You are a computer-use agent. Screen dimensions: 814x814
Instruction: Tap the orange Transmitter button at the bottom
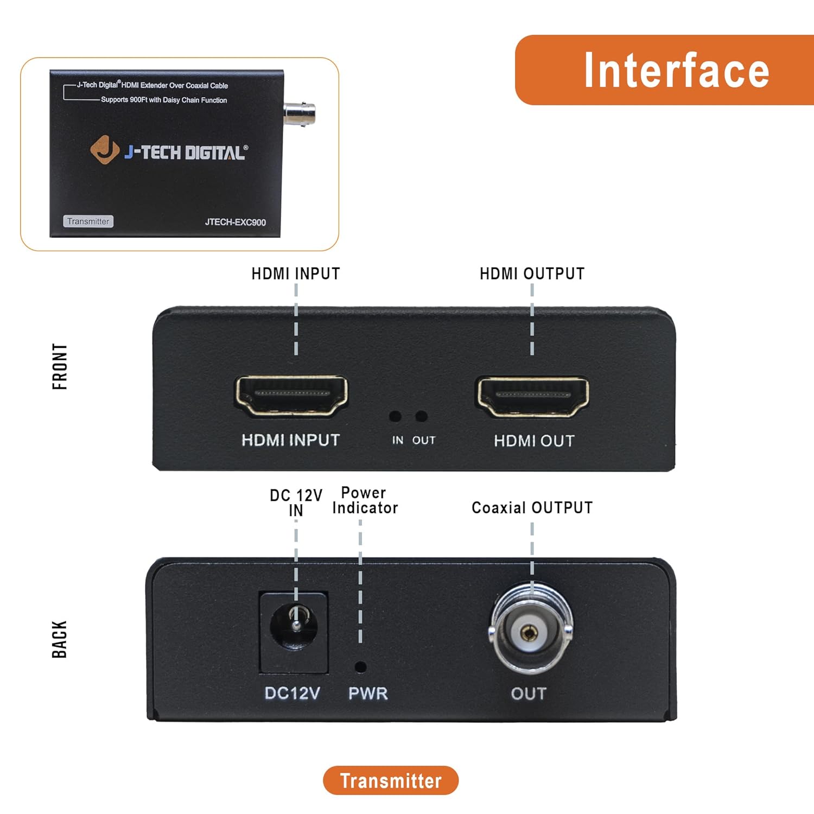(391, 780)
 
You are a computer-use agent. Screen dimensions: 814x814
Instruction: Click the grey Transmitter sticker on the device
(88, 221)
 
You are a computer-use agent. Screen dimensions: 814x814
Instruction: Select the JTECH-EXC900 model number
(235, 222)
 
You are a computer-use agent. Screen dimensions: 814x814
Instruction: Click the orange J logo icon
(104, 149)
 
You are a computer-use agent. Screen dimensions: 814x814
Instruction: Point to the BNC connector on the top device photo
(300, 112)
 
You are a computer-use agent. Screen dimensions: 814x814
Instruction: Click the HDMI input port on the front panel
(291, 396)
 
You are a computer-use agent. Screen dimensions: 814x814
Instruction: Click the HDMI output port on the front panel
(532, 396)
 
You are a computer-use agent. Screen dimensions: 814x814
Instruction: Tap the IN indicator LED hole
(395, 416)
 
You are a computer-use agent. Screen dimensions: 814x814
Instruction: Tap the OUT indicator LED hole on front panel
(421, 416)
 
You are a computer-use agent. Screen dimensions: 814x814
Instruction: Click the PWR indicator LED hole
(360, 666)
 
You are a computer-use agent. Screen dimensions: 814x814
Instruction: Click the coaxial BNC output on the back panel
(530, 632)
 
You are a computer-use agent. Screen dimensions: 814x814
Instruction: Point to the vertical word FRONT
(60, 366)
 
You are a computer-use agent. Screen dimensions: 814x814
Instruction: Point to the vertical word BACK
(59, 639)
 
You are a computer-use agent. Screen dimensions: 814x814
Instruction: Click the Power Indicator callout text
(365, 500)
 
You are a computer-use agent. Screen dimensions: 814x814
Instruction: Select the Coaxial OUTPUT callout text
(532, 508)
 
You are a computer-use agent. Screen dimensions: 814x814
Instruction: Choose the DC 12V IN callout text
(296, 503)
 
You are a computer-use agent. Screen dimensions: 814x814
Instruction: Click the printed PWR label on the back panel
(368, 694)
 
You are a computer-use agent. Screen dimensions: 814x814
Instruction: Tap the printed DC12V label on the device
(292, 694)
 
